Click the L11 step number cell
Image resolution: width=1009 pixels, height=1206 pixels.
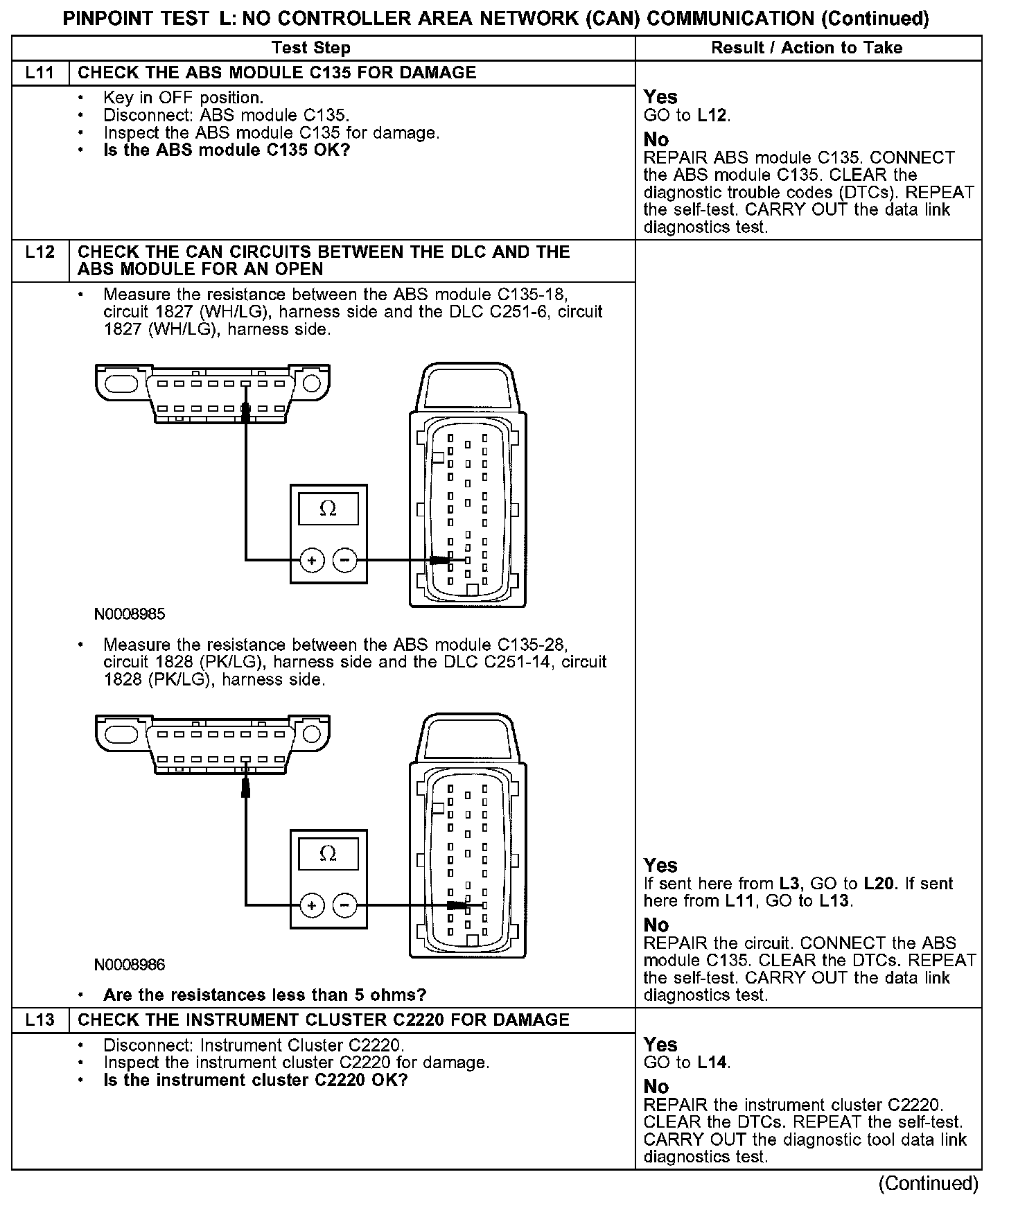coord(40,73)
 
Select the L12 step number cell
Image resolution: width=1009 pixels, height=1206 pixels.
coord(40,252)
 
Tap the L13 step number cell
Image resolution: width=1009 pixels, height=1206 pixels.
coord(40,1020)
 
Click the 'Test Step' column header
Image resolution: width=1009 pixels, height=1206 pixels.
coord(311,48)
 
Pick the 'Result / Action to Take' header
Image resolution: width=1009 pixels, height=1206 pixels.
coord(807,48)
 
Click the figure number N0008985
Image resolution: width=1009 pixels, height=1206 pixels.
coord(130,614)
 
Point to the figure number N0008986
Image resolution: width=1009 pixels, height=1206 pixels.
coord(130,964)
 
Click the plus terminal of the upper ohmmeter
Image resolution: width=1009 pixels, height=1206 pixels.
coord(312,560)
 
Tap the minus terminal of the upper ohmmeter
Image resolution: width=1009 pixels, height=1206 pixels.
coord(345,560)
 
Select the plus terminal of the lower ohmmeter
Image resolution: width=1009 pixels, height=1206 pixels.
coord(312,905)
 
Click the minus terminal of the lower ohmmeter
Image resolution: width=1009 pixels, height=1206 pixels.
coord(345,905)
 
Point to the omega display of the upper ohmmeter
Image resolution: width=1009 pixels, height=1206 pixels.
coord(328,509)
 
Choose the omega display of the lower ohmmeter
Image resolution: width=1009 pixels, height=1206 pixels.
coord(328,854)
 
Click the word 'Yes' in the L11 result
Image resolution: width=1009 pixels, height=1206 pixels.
coord(660,97)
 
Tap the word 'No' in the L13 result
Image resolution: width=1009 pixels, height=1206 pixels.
coord(656,1086)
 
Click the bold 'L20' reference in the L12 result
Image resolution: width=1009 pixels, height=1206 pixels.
coord(879,884)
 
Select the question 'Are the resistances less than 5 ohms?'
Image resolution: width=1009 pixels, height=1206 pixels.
coord(265,995)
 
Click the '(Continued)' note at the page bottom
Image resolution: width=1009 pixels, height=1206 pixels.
coord(928,1184)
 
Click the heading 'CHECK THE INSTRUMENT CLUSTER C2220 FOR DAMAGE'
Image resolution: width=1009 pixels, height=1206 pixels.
coord(324,1020)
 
